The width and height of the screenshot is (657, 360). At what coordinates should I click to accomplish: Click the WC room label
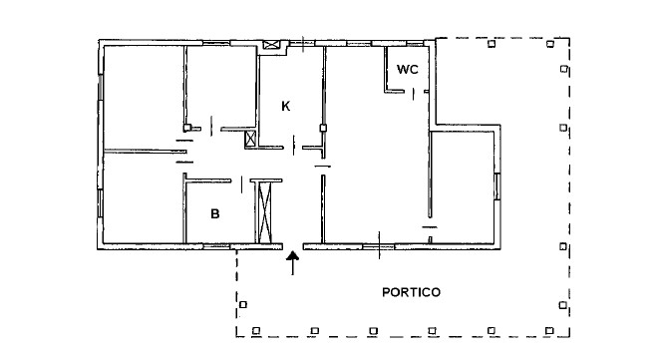click(x=408, y=69)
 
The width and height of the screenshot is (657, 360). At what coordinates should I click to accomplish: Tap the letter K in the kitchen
click(x=286, y=106)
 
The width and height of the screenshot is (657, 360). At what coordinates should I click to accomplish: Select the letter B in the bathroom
click(x=215, y=213)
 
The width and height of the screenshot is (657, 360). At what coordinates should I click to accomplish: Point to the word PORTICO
click(x=411, y=292)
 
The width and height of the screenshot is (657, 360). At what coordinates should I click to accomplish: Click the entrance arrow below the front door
click(x=292, y=263)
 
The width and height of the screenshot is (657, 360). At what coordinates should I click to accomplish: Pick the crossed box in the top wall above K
click(x=271, y=45)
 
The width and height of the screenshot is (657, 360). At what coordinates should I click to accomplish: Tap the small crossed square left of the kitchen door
click(x=250, y=139)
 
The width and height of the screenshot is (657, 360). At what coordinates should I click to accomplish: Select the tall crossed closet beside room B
click(x=264, y=212)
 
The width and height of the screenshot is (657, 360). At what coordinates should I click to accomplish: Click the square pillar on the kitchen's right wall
click(x=323, y=128)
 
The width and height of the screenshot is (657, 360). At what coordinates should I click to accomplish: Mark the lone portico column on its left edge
click(x=243, y=305)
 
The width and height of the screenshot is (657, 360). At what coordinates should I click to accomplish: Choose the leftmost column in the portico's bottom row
click(x=256, y=331)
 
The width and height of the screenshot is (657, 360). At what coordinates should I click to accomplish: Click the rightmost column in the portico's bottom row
click(x=549, y=331)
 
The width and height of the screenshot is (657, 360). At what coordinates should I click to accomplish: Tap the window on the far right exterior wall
click(x=496, y=186)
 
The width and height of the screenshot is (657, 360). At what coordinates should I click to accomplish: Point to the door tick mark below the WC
click(x=413, y=94)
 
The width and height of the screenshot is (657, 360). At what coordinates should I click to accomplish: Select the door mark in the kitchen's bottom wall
click(x=293, y=145)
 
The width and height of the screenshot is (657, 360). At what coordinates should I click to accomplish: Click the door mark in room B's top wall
click(x=242, y=184)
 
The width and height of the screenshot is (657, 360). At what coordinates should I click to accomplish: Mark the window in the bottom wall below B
click(x=216, y=246)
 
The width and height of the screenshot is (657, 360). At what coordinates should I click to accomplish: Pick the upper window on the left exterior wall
click(x=100, y=87)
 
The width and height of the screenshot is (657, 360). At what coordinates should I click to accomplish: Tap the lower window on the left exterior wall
click(x=100, y=203)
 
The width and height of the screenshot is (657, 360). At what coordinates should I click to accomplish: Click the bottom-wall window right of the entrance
click(x=379, y=246)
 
